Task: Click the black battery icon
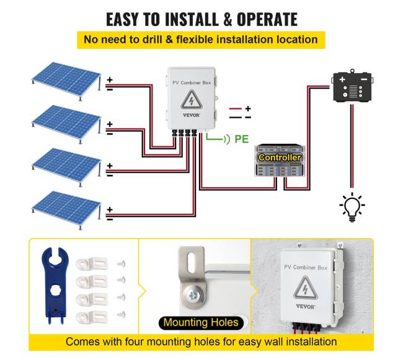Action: coord(352,88)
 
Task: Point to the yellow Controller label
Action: coord(280,157)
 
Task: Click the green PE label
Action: coord(241,139)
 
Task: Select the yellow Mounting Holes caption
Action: coord(200,322)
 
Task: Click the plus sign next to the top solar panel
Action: coord(109,80)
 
